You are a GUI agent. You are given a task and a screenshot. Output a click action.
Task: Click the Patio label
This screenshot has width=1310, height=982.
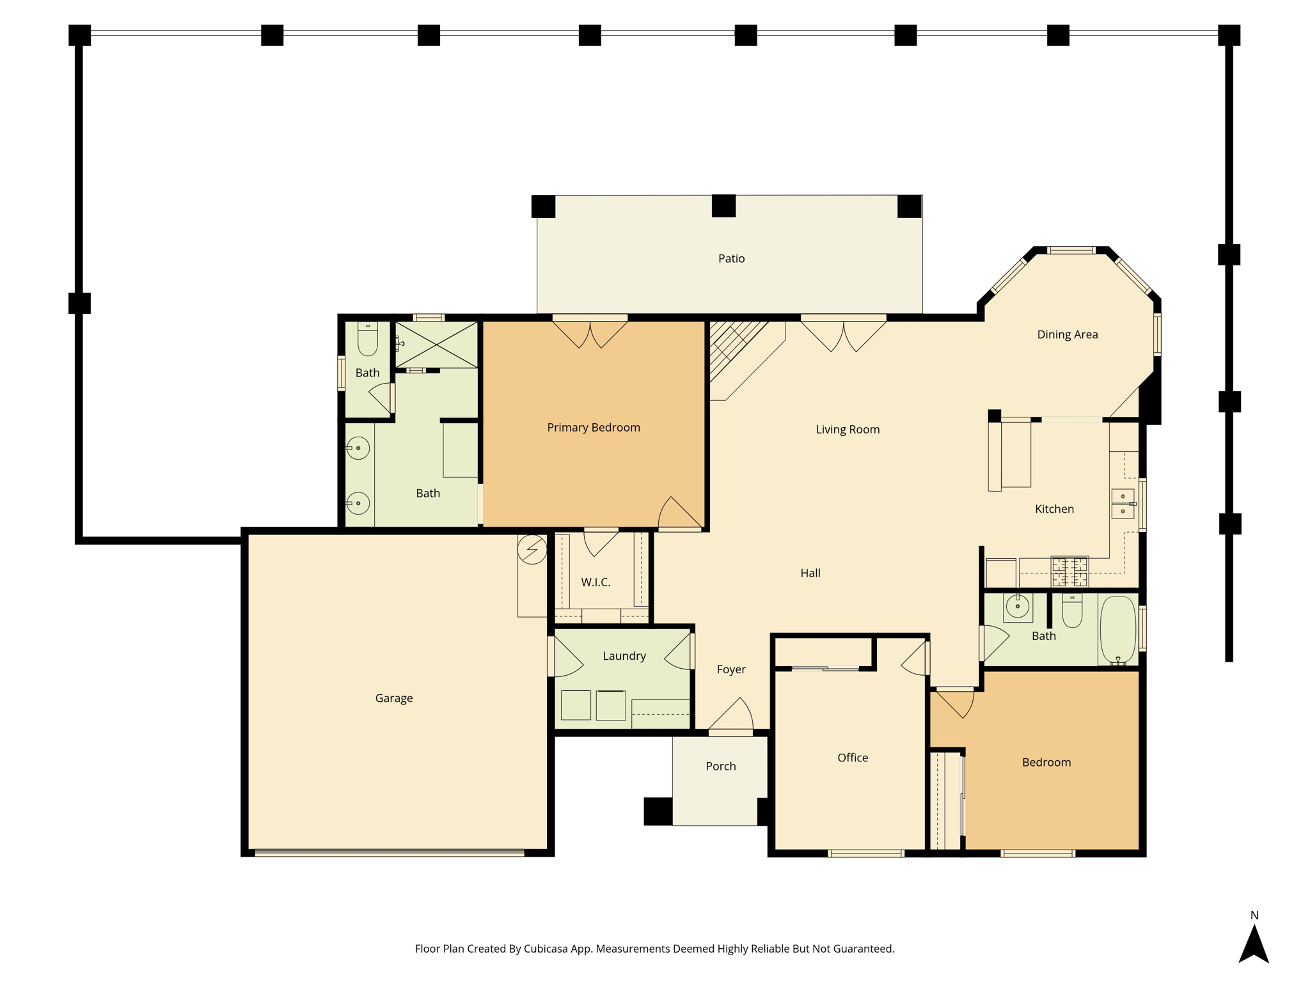pyautogui.click(x=731, y=258)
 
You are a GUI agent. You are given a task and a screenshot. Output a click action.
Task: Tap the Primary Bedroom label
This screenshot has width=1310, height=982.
pyautogui.click(x=594, y=428)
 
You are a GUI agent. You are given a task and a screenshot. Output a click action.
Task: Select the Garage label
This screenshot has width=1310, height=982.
pyautogui.click(x=394, y=698)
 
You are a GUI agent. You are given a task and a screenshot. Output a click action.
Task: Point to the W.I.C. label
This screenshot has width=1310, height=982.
pyautogui.click(x=596, y=582)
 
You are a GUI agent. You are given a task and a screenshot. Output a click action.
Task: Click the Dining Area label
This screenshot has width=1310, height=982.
pyautogui.click(x=1067, y=334)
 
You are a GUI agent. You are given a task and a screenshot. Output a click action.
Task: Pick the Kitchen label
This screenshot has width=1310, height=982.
pyautogui.click(x=1054, y=509)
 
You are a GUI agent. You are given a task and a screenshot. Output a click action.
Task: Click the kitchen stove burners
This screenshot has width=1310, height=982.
pyautogui.click(x=1069, y=571)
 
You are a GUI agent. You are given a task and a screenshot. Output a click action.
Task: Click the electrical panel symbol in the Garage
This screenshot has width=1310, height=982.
pyautogui.click(x=532, y=549)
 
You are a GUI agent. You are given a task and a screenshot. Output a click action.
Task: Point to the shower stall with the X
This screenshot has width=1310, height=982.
pyautogui.click(x=436, y=345)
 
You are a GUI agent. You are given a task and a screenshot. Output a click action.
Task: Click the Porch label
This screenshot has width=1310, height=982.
pyautogui.click(x=721, y=766)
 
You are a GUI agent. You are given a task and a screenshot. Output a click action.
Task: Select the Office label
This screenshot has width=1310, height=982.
pyautogui.click(x=853, y=758)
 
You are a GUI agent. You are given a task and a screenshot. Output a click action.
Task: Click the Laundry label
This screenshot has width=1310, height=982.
pyautogui.click(x=624, y=656)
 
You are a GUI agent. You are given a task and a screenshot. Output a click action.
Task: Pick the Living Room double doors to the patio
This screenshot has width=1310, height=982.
pyautogui.click(x=844, y=334)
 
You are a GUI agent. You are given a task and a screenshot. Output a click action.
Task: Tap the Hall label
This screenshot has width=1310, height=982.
pyautogui.click(x=810, y=573)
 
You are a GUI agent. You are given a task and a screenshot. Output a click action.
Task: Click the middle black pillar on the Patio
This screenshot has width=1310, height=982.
pyautogui.click(x=723, y=206)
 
